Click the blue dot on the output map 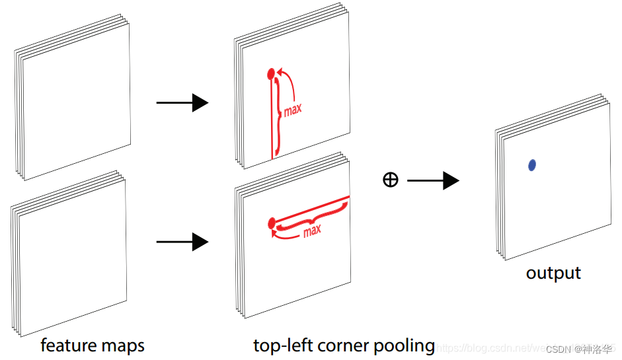pos(532,165)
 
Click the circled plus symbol pos(391,180)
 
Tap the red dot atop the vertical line pos(270,73)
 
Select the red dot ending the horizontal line pos(271,224)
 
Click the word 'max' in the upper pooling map pos(293,109)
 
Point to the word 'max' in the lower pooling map pos(312,231)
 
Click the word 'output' pos(553,273)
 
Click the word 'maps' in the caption pos(124,345)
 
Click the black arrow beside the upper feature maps pos(182,102)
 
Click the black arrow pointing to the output pos(433,180)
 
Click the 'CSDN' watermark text pos(559,349)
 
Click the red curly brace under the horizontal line pos(311,217)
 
